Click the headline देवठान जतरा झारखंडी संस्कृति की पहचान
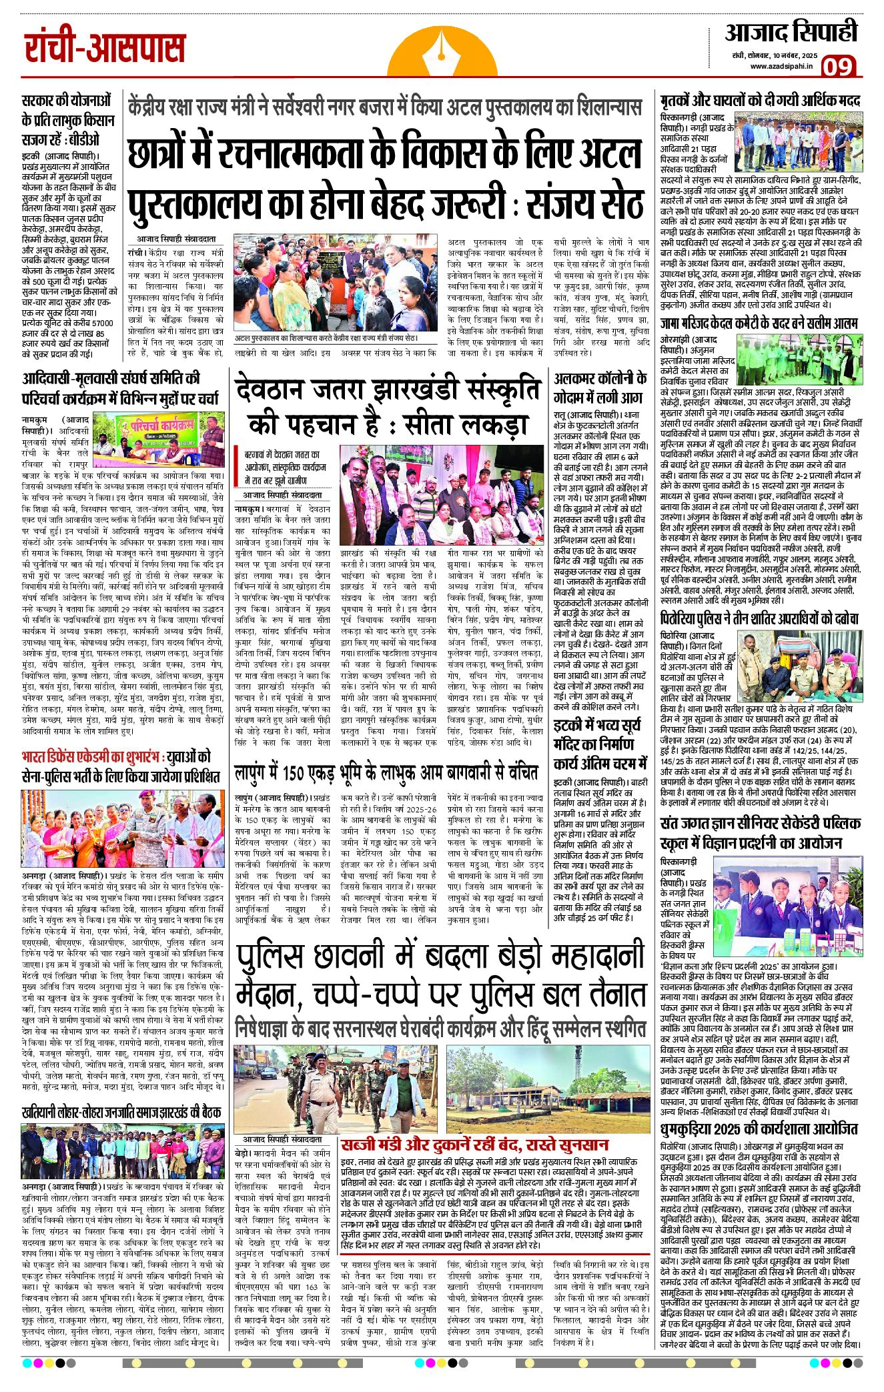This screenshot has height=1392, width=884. click(x=387, y=407)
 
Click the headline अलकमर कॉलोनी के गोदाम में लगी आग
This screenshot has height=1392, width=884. click(x=600, y=388)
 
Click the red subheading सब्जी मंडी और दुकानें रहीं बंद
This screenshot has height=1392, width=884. click(x=474, y=1144)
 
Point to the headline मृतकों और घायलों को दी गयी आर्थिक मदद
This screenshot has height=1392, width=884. click(x=760, y=101)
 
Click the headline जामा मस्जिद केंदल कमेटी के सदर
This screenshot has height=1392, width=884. click(x=759, y=323)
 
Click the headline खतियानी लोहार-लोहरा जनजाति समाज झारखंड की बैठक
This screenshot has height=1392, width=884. click(x=121, y=1111)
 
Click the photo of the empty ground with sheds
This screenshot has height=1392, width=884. click(x=548, y=1089)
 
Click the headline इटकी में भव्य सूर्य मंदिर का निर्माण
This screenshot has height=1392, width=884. click(x=600, y=743)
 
